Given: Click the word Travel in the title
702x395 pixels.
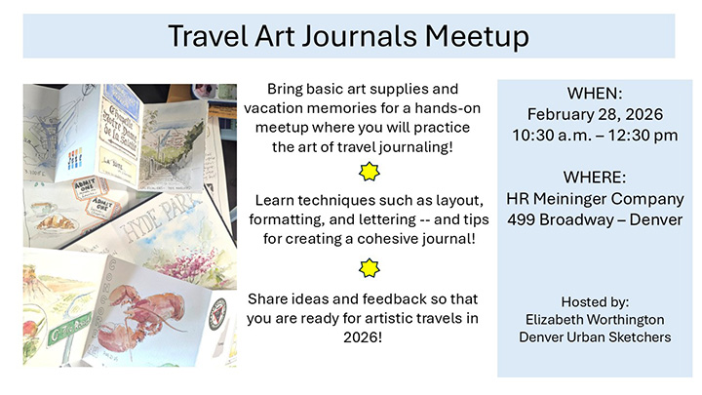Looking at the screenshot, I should (208, 36).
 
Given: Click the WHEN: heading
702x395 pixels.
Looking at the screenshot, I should (595, 94).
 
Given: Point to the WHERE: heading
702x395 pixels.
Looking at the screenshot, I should (595, 178).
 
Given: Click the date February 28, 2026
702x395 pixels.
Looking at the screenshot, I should (595, 114).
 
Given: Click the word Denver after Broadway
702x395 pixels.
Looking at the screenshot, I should (653, 219).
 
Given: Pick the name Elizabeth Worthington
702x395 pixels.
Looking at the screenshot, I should (595, 318).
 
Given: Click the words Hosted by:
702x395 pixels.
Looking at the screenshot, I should (595, 300).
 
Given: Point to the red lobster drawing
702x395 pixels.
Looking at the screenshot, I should (146, 312).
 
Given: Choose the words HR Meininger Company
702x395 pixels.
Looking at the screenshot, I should (595, 199).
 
